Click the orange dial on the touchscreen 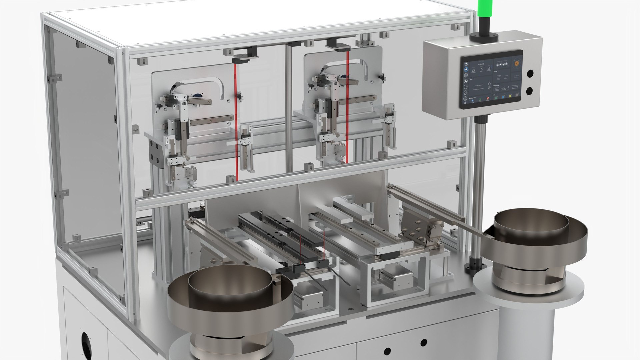[517, 63]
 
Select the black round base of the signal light [484, 37]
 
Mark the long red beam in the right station [347, 107]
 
